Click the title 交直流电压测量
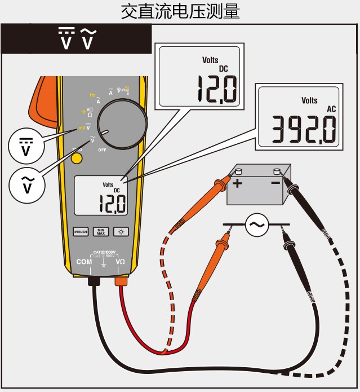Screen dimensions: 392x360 pos(180,11)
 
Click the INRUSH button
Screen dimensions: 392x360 pos(81,231)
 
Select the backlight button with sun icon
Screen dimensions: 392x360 pos(120,231)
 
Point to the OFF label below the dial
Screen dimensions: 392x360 pos(102,150)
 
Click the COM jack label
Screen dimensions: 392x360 pos(83,262)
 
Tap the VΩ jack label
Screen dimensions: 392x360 pos(120,262)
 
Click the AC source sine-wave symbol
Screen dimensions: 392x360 pos(257,225)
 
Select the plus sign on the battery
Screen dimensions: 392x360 pos(237,183)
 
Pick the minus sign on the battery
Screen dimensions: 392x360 pos(275,183)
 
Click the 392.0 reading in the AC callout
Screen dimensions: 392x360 pos(304,129)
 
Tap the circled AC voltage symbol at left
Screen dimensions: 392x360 pos(22,185)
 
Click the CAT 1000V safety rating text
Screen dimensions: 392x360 pos(104,252)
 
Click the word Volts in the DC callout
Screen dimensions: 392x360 pos(210,60)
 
